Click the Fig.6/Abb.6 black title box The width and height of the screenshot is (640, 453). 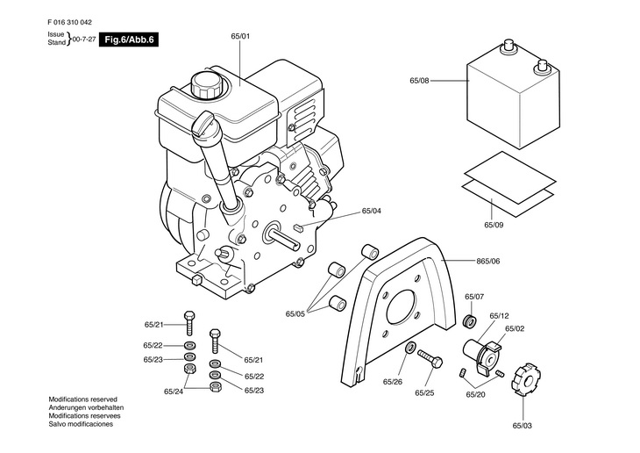click(x=129, y=40)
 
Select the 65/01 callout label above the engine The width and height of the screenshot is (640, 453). click(x=240, y=36)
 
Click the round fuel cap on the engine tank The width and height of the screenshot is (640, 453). click(x=207, y=84)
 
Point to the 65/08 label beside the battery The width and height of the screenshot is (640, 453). click(x=420, y=81)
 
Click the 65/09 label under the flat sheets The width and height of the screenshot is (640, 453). click(x=494, y=225)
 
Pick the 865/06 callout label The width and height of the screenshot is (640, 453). click(x=488, y=261)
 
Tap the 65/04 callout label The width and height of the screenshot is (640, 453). click(x=372, y=211)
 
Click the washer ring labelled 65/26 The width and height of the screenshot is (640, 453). click(x=410, y=348)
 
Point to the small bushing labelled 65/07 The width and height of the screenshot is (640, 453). click(x=471, y=321)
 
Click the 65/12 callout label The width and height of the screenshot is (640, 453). click(x=500, y=316)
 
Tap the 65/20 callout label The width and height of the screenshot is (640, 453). click(x=476, y=394)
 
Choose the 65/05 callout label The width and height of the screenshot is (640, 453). click(x=295, y=313)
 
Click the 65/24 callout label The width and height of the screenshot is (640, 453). click(x=174, y=392)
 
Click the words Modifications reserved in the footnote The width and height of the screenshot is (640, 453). click(x=83, y=399)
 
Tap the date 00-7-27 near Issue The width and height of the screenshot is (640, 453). click(x=84, y=40)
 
